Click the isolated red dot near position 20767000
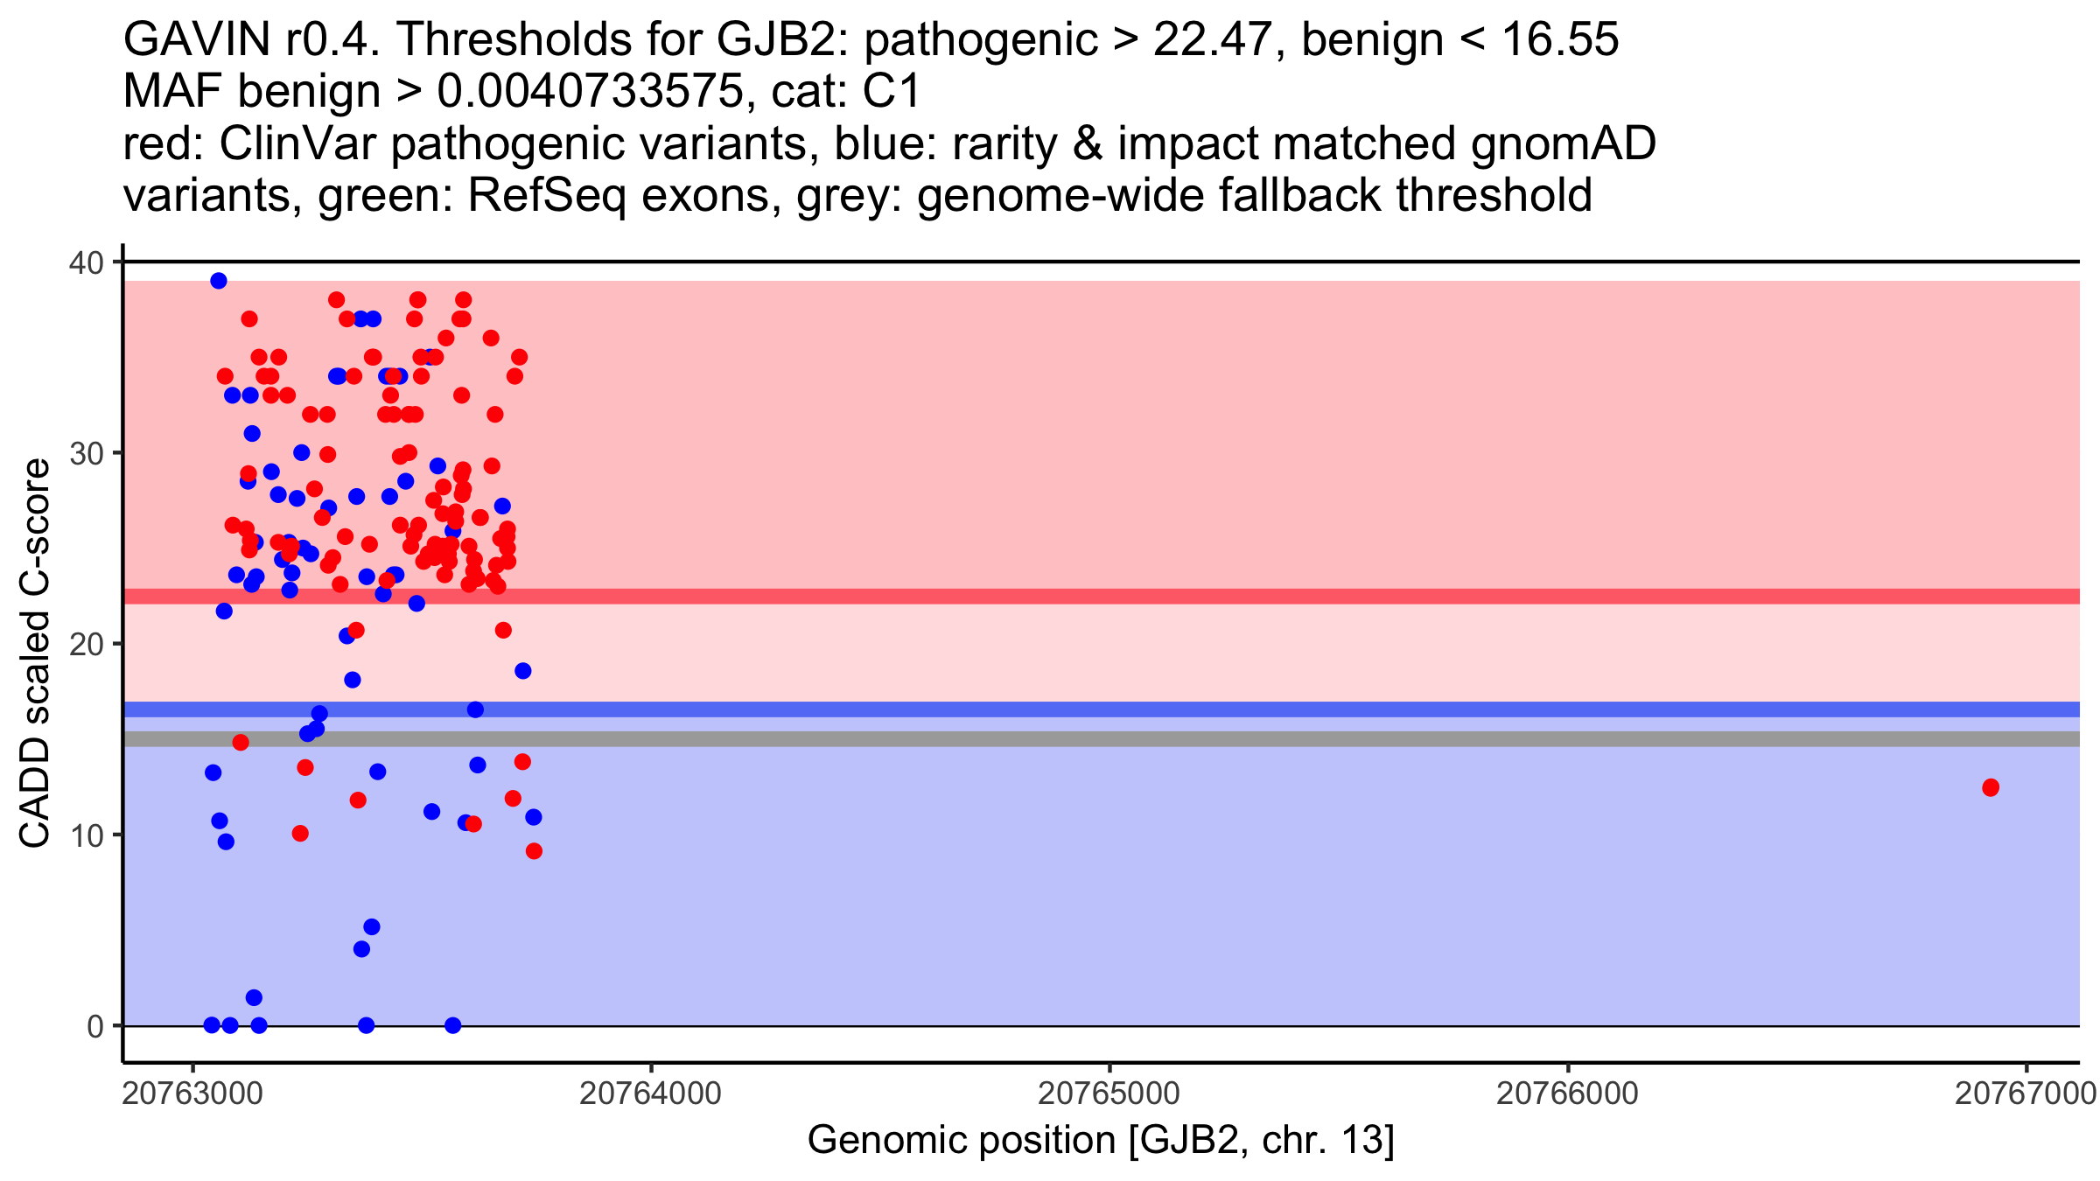point(1991,787)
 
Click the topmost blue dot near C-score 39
point(219,281)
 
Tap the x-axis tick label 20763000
point(192,1094)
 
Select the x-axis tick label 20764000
point(651,1094)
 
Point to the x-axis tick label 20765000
point(1109,1094)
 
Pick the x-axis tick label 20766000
point(1567,1094)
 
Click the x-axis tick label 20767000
point(2025,1094)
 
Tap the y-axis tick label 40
point(85,262)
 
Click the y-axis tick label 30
point(85,453)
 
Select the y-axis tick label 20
point(85,644)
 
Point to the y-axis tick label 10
point(85,835)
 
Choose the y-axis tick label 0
point(94,1026)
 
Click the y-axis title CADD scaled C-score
point(35,653)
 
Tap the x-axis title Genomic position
point(1100,1140)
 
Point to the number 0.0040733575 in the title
point(588,92)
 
